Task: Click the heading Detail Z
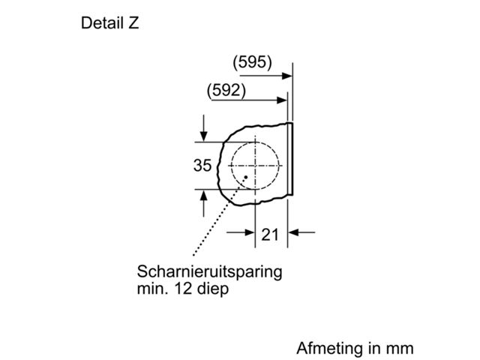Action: pyautogui.click(x=110, y=23)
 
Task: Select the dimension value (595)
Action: pyautogui.click(x=252, y=62)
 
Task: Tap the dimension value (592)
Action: pyautogui.click(x=226, y=91)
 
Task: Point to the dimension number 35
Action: pyautogui.click(x=202, y=165)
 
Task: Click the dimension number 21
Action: pyautogui.click(x=270, y=235)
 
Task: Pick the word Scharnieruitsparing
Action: pyautogui.click(x=209, y=271)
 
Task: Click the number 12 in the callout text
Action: pyautogui.click(x=183, y=288)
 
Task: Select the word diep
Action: pyautogui.click(x=213, y=289)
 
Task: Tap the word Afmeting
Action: pyautogui.click(x=330, y=348)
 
